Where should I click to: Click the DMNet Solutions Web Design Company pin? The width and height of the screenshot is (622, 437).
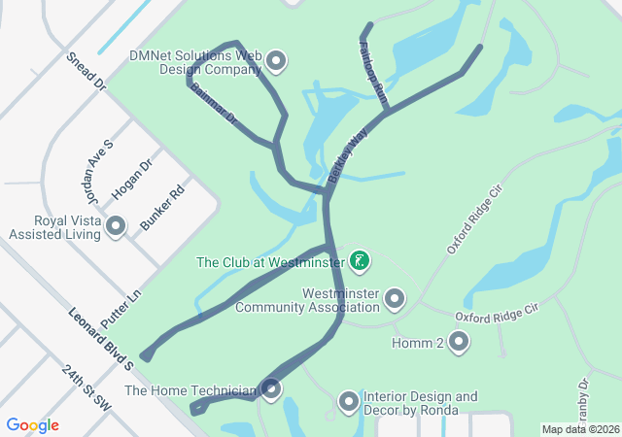[x=276, y=62]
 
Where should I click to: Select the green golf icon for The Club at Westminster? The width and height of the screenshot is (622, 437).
[x=360, y=260]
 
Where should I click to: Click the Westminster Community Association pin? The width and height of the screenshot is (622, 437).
[x=395, y=299]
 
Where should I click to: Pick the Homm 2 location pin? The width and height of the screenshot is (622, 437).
[x=458, y=342]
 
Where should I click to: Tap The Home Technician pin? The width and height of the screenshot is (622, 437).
[x=271, y=390]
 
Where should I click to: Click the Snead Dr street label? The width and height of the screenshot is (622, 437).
[x=86, y=72]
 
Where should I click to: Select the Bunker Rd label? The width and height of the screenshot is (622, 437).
[x=161, y=208]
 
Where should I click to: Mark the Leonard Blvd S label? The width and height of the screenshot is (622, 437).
[x=101, y=339]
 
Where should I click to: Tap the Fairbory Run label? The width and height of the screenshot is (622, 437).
[x=373, y=68]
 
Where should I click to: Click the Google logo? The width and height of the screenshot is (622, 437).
[x=33, y=425]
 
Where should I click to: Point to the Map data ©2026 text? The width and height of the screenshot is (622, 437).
[x=579, y=429]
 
